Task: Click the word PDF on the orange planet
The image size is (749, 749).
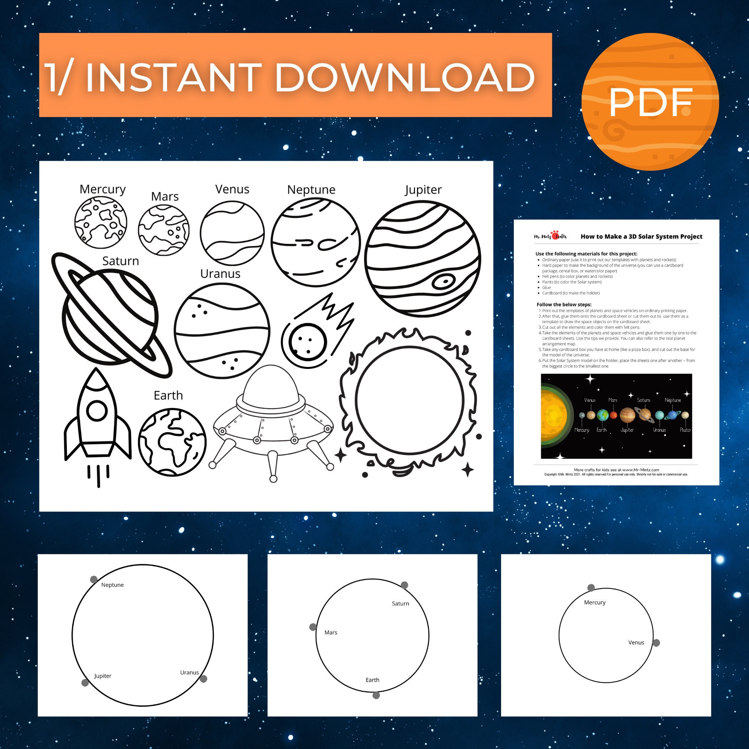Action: click(650, 103)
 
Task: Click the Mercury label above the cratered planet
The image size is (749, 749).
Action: click(102, 189)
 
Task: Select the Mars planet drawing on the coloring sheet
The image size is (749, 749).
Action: click(164, 230)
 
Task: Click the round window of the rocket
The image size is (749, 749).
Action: click(97, 410)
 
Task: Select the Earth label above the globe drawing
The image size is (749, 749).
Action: click(168, 395)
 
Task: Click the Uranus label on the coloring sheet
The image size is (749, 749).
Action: click(220, 274)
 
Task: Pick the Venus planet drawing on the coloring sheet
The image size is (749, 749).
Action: click(232, 233)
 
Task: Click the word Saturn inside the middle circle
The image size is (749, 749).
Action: click(400, 604)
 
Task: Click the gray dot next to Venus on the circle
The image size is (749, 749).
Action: click(656, 643)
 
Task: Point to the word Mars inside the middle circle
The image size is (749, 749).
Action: click(331, 633)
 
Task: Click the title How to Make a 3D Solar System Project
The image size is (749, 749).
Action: click(641, 236)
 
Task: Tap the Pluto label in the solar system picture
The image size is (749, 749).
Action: click(685, 430)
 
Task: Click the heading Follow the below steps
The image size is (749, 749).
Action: click(564, 304)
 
